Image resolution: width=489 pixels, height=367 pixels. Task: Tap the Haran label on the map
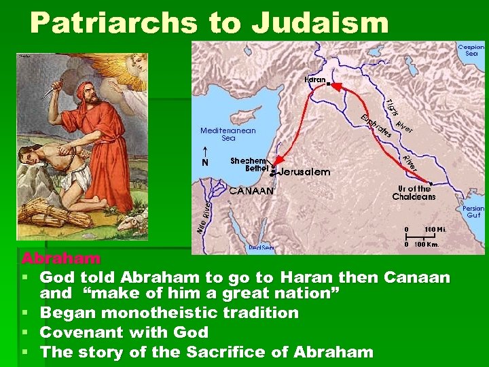pos(315,80)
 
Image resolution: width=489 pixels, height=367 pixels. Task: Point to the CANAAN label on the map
pos(251,191)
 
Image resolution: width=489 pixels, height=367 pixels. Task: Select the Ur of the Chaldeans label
pos(414,193)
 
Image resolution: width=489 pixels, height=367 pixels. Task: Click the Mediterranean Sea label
pos(228,134)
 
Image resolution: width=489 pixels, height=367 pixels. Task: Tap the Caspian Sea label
pos(471,50)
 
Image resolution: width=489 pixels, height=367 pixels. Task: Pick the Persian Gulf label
pos(473,211)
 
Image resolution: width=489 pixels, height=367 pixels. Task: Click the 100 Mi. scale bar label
pos(434,229)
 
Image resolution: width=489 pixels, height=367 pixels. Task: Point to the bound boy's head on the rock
pos(28,160)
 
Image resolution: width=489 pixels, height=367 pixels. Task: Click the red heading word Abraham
pos(61,259)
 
